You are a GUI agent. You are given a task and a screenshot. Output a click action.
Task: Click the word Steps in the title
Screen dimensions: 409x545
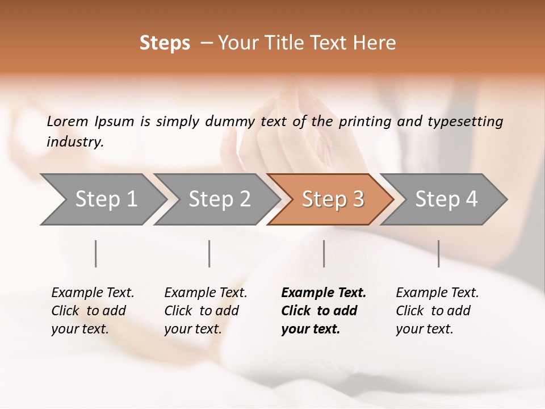click(165, 43)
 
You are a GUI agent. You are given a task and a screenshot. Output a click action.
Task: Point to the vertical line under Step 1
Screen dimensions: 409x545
click(96, 253)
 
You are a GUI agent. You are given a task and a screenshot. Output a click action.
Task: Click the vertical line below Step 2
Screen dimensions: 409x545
click(209, 253)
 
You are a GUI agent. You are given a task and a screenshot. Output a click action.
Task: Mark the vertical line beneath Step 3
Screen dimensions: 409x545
click(324, 253)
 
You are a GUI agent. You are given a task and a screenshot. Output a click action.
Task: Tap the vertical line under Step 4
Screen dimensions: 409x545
click(438, 253)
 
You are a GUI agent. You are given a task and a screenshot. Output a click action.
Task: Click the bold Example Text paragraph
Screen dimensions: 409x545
click(322, 311)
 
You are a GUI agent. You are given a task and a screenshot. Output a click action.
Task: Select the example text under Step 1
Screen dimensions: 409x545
click(93, 311)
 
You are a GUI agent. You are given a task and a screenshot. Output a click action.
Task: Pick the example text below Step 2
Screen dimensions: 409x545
click(206, 311)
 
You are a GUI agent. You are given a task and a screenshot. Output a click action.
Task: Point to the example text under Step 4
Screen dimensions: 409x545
click(437, 311)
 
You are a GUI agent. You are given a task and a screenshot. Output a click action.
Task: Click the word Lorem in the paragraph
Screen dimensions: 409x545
click(68, 122)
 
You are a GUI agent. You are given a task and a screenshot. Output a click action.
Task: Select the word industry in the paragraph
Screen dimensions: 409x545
click(74, 142)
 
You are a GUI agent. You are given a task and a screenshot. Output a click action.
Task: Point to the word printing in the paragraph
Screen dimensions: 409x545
click(365, 122)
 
